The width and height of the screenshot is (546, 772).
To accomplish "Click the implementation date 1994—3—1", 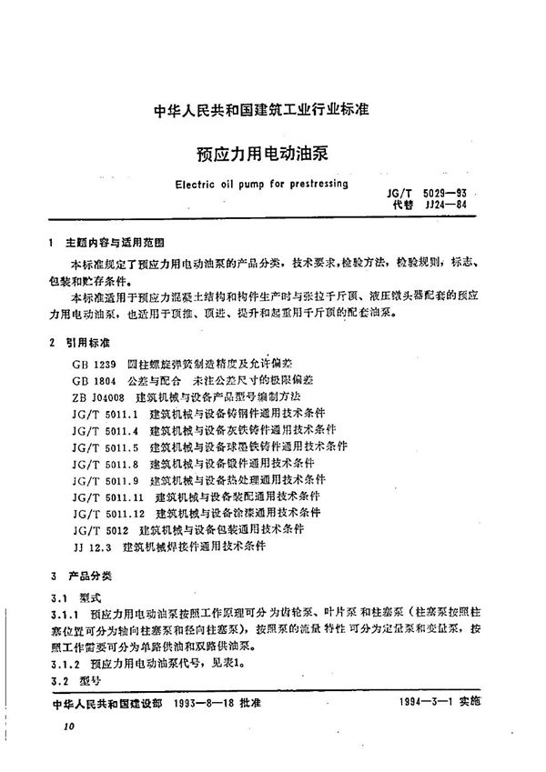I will [x=435, y=702].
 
